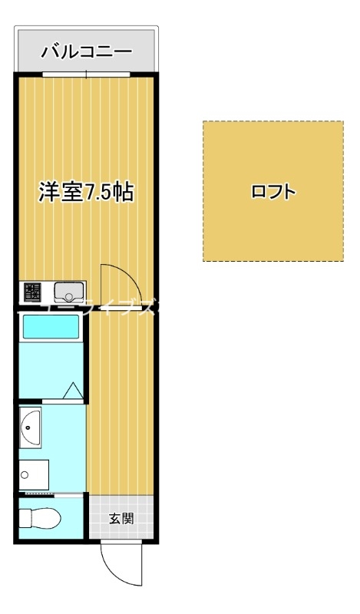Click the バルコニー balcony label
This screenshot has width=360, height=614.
(x=86, y=52)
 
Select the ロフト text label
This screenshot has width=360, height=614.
(x=273, y=192)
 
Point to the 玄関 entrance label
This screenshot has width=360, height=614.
(x=121, y=519)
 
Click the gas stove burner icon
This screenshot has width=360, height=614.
(x=32, y=292)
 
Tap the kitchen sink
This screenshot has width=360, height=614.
(x=69, y=292)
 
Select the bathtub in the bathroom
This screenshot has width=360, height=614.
(x=51, y=328)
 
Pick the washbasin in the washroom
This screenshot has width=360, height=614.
(x=32, y=427)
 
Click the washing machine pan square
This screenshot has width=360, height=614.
(x=35, y=476)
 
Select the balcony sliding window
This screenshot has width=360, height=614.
(x=87, y=74)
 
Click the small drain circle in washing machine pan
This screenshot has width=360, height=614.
(x=25, y=476)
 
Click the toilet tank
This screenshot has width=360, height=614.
(x=24, y=519)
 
